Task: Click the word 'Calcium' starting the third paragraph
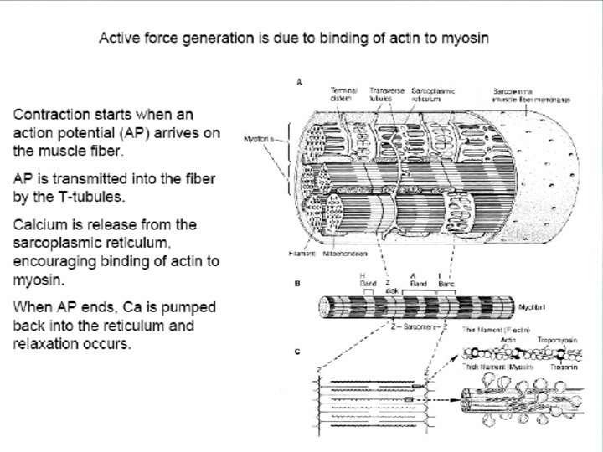(41, 224)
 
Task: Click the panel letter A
(299, 82)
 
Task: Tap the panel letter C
(297, 352)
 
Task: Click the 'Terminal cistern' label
(343, 94)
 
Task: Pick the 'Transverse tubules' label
(387, 94)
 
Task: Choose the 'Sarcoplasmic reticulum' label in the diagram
(433, 94)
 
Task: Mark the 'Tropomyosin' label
(547, 340)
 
